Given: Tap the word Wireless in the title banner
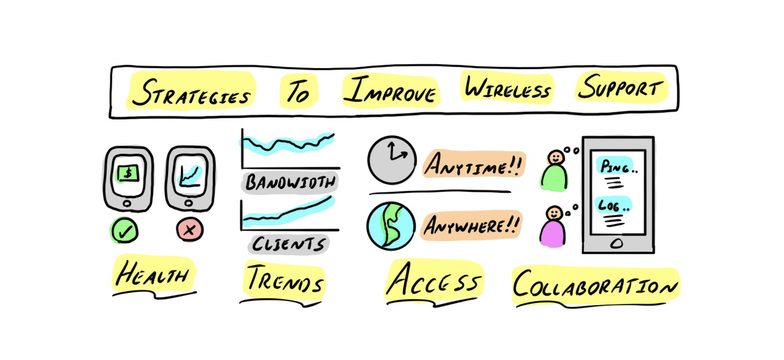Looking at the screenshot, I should click(506, 89).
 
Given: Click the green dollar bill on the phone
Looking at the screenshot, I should click(127, 173).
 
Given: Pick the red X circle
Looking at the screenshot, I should click(189, 230).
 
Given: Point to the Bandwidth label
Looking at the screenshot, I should click(291, 183).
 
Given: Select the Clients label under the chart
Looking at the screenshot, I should click(288, 244).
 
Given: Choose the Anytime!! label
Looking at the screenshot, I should click(472, 165).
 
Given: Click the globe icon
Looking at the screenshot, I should click(391, 225).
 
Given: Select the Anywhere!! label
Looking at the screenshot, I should click(471, 225).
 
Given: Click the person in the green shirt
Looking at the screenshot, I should click(555, 172).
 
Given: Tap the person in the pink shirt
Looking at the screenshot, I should click(554, 227).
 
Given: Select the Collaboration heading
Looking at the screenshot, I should click(595, 286).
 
